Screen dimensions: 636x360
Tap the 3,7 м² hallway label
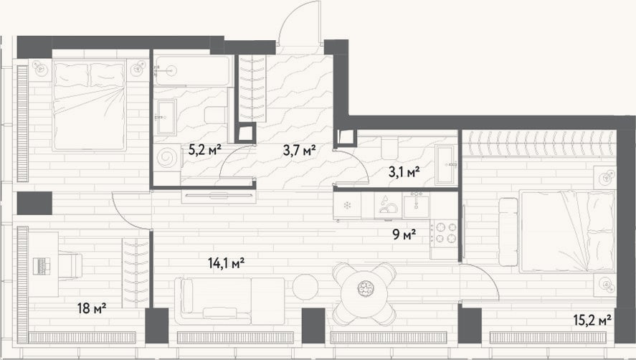pos(299,151)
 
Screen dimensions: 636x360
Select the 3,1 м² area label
pos(404,172)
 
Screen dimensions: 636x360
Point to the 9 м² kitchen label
pos(404,235)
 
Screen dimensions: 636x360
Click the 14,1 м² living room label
pos(227,263)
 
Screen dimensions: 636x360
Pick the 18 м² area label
pos(92,308)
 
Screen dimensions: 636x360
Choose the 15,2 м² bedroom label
pos(592,321)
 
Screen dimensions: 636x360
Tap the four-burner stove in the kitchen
pos(444,233)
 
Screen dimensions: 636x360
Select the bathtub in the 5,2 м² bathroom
pos(193,70)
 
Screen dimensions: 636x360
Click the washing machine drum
pos(167,157)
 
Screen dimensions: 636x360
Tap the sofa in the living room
pos(229,300)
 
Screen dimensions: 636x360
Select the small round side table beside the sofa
pos(305,287)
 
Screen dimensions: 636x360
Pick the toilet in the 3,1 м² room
pos(389,148)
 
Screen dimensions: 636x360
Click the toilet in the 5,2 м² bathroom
pos(215,115)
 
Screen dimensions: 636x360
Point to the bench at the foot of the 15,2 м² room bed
pos(508,232)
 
